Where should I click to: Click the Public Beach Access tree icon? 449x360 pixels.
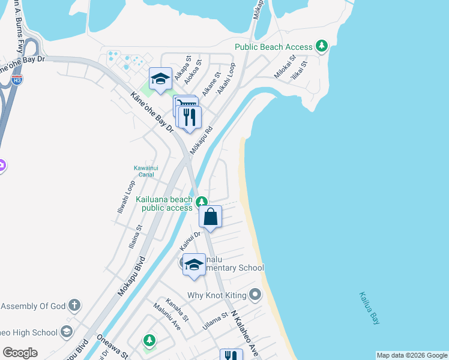[322, 46]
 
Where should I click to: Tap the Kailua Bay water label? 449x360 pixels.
[370, 308]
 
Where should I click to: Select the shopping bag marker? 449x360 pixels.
[211, 217]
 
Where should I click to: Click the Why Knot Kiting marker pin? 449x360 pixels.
[255, 295]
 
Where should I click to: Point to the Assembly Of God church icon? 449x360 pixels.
[74, 306]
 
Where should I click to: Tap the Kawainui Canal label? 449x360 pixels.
[146, 171]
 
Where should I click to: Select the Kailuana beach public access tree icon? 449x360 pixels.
[203, 202]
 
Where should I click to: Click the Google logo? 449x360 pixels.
[20, 352]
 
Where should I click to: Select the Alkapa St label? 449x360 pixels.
[181, 70]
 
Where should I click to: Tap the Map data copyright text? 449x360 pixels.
[411, 355]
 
